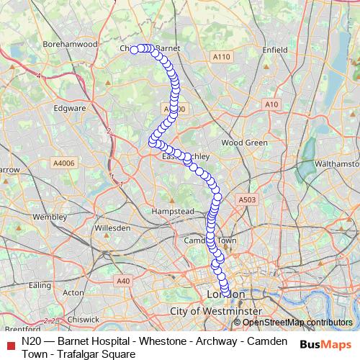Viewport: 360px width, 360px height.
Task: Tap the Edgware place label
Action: (70, 109)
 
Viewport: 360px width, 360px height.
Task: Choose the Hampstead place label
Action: (173, 212)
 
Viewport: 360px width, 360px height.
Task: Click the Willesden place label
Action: (112, 228)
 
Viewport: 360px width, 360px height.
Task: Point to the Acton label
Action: (73, 293)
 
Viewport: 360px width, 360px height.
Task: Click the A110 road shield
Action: (221, 56)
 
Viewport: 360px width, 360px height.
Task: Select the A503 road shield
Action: (247, 199)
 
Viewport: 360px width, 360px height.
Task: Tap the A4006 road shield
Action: (63, 164)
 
